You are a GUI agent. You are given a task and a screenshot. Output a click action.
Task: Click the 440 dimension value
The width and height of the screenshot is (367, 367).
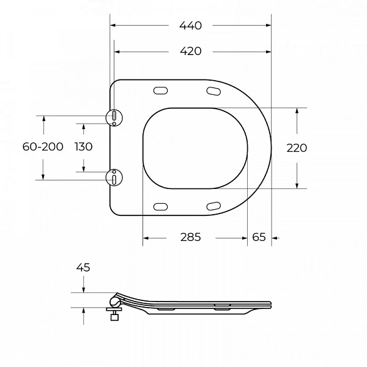point(190,26)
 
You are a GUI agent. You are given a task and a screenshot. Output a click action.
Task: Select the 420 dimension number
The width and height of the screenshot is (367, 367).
point(190,51)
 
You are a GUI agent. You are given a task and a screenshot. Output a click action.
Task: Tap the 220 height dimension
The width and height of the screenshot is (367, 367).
point(297,148)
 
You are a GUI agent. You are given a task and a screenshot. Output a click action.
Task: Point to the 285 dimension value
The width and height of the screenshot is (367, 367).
point(190,237)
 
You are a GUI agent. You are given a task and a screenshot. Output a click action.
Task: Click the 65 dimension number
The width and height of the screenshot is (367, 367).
point(259,237)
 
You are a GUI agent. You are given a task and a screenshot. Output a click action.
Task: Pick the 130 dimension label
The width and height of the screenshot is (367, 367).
point(84,147)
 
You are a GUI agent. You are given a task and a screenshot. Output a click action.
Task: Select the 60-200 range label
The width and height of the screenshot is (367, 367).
point(43,147)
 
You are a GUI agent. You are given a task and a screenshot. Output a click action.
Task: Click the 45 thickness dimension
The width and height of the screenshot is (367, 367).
point(83,267)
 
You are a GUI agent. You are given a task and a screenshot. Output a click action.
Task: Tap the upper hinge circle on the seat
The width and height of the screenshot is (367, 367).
point(114,117)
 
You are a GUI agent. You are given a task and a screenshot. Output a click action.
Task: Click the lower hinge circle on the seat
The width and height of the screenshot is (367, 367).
point(114,177)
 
